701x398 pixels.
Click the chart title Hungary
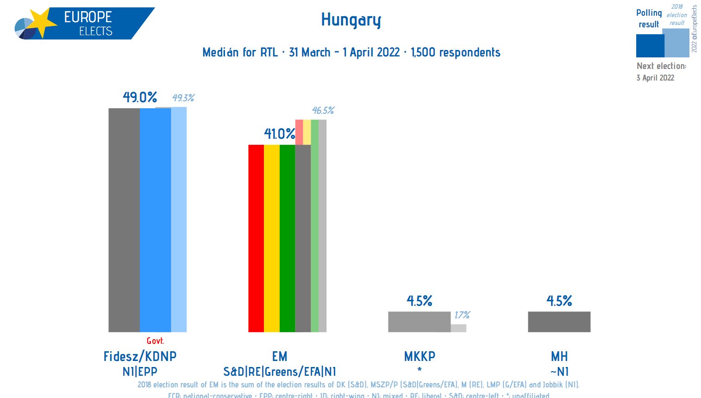pyautogui.click(x=351, y=20)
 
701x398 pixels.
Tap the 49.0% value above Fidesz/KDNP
pyautogui.click(x=140, y=97)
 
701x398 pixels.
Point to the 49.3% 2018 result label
pyautogui.click(x=183, y=98)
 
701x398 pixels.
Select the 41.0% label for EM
pyautogui.click(x=279, y=134)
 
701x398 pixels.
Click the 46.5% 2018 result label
pyautogui.click(x=323, y=111)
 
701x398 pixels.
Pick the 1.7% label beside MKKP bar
pyautogui.click(x=462, y=315)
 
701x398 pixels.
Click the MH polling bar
pyautogui.click(x=559, y=322)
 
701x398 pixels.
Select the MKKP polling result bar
pyautogui.click(x=419, y=322)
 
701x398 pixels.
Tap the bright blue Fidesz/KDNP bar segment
pyautogui.click(x=155, y=220)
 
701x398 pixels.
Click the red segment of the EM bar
pyautogui.click(x=256, y=238)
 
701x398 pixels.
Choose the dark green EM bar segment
pyautogui.click(x=287, y=238)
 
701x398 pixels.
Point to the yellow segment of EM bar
pyautogui.click(x=272, y=238)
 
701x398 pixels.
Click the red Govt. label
pyautogui.click(x=155, y=341)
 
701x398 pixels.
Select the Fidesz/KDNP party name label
pyautogui.click(x=140, y=356)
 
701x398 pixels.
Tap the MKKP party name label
pyautogui.click(x=419, y=356)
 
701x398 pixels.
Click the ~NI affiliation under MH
pyautogui.click(x=559, y=371)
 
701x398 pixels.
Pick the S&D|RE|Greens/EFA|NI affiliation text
pyautogui.click(x=280, y=371)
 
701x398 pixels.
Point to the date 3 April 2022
pyautogui.click(x=655, y=78)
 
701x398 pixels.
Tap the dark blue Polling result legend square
pyautogui.click(x=650, y=45)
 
